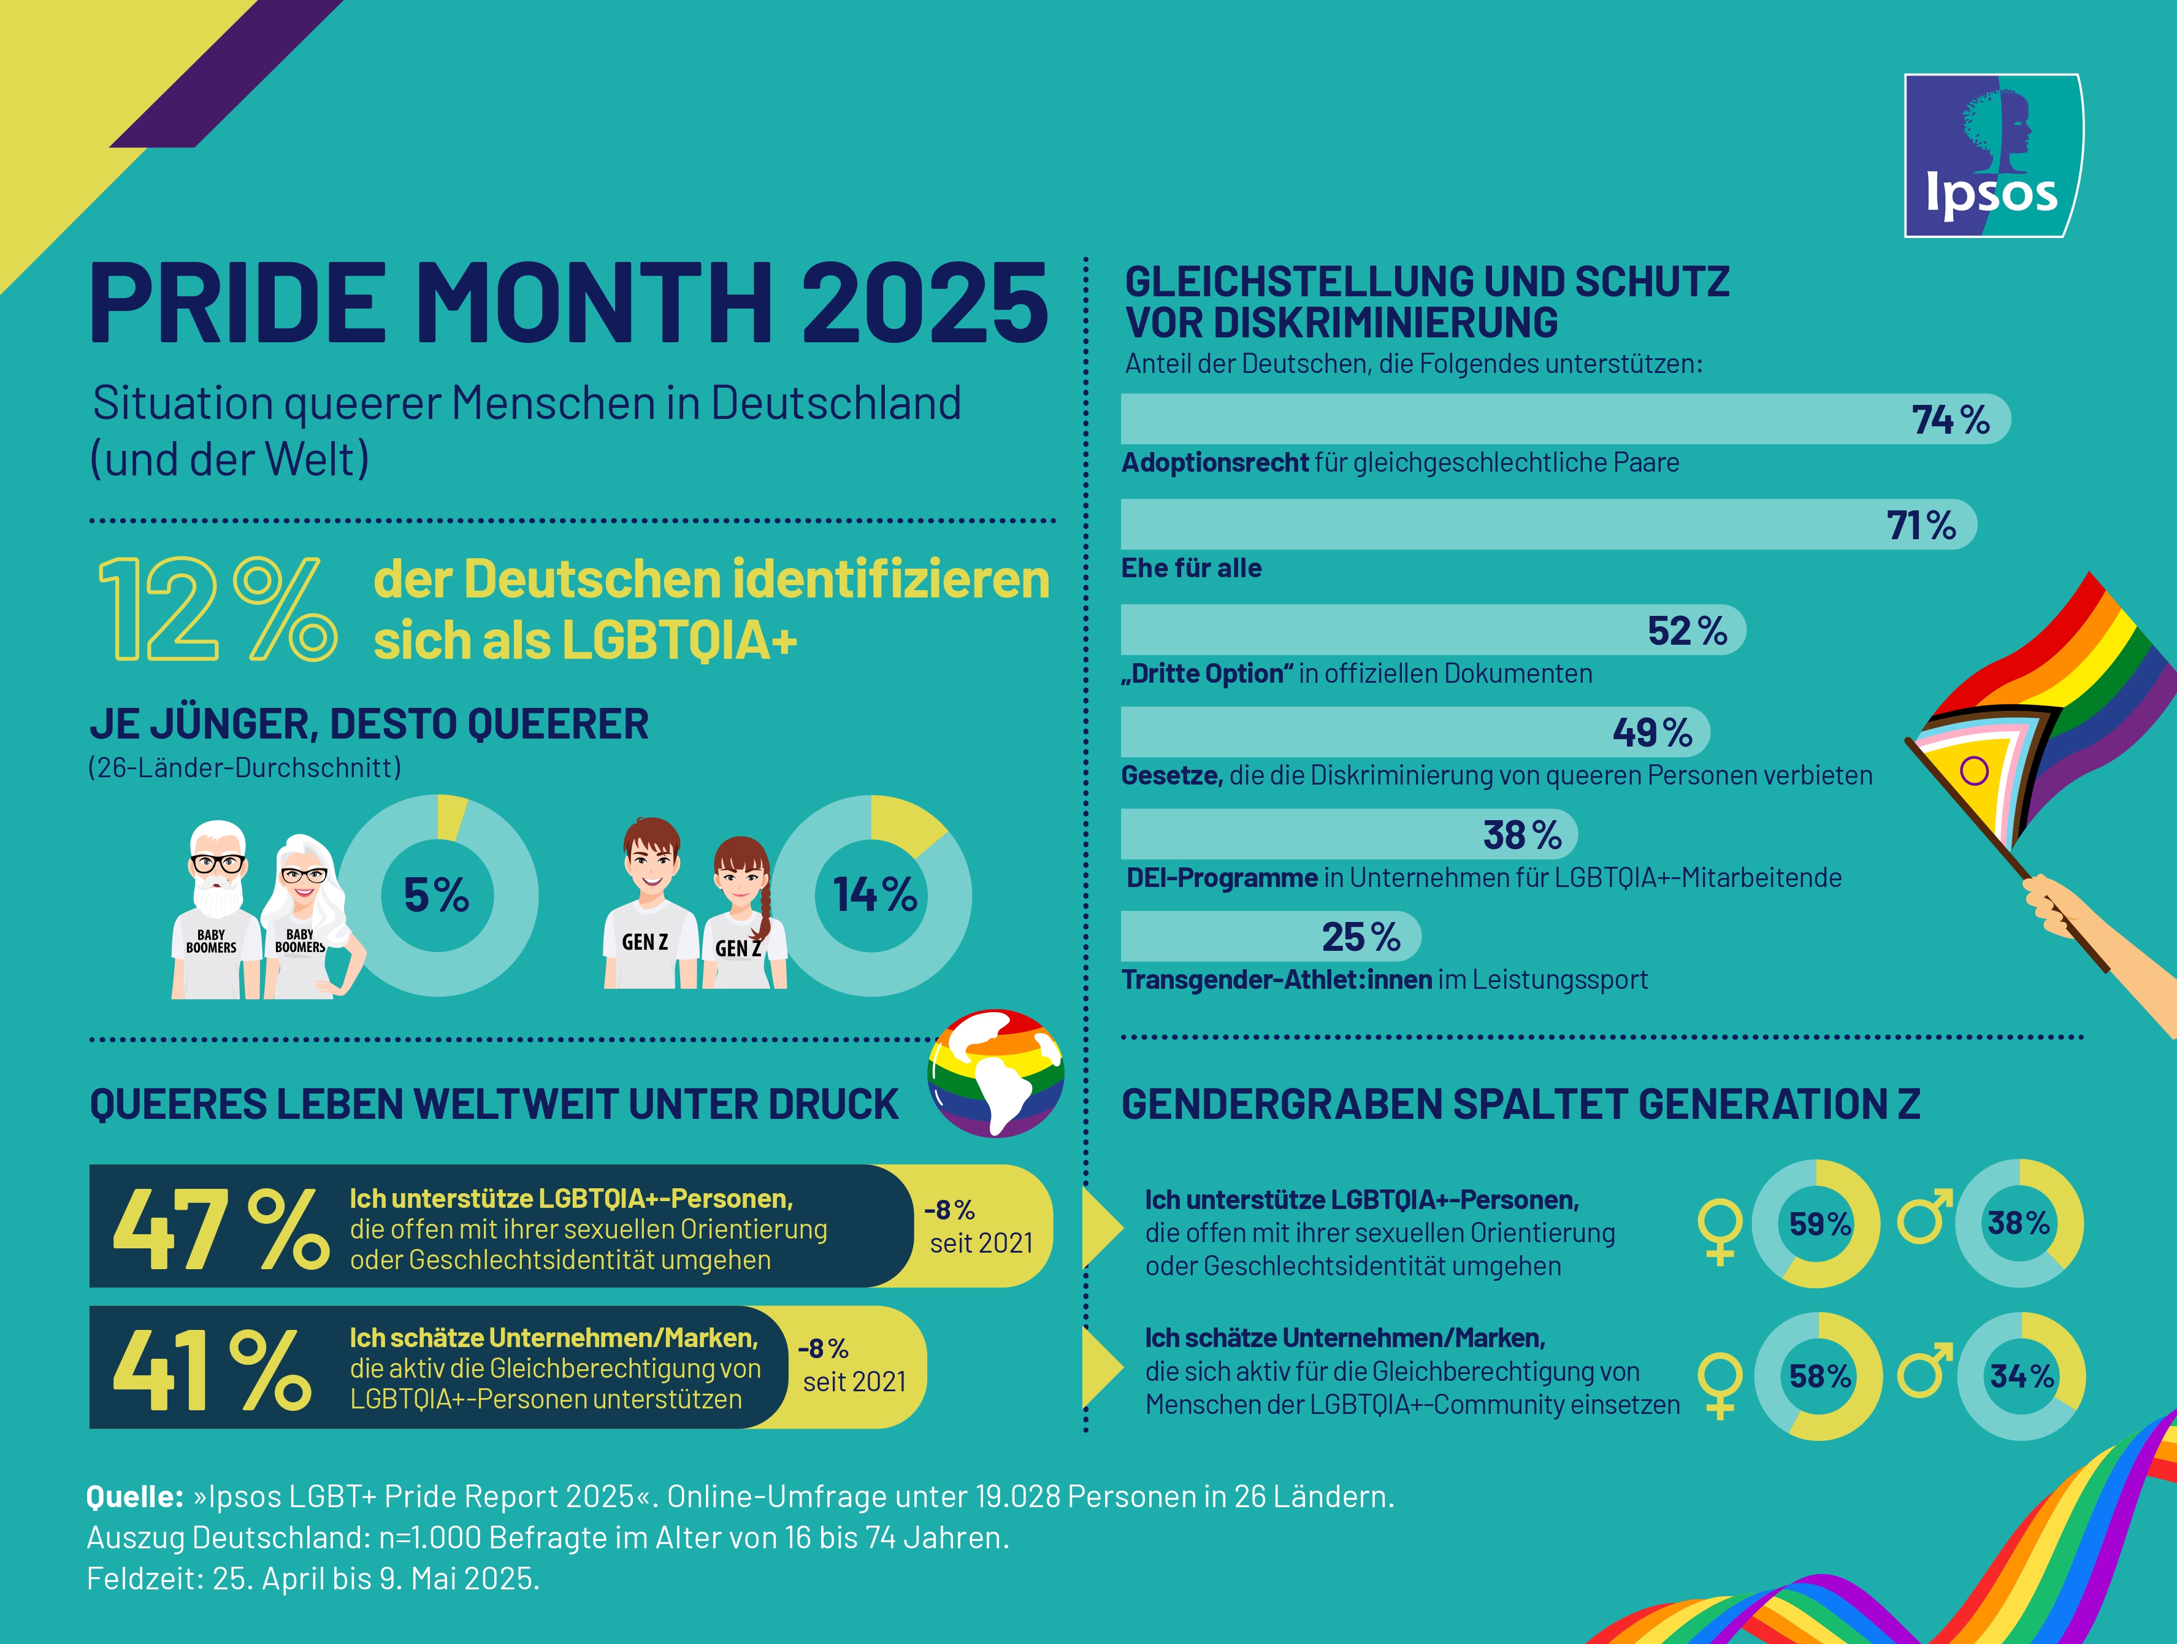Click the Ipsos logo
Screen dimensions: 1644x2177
click(1993, 156)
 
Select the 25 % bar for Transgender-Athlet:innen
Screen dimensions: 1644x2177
click(1269, 936)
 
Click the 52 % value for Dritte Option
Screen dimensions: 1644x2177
click(1687, 631)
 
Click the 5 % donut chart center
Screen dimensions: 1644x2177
click(437, 896)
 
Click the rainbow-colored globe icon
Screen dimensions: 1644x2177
click(996, 1073)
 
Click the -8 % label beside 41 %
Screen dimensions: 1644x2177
click(823, 1349)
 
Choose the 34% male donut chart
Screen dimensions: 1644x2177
click(2021, 1376)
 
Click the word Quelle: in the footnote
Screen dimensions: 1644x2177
click(135, 1497)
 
